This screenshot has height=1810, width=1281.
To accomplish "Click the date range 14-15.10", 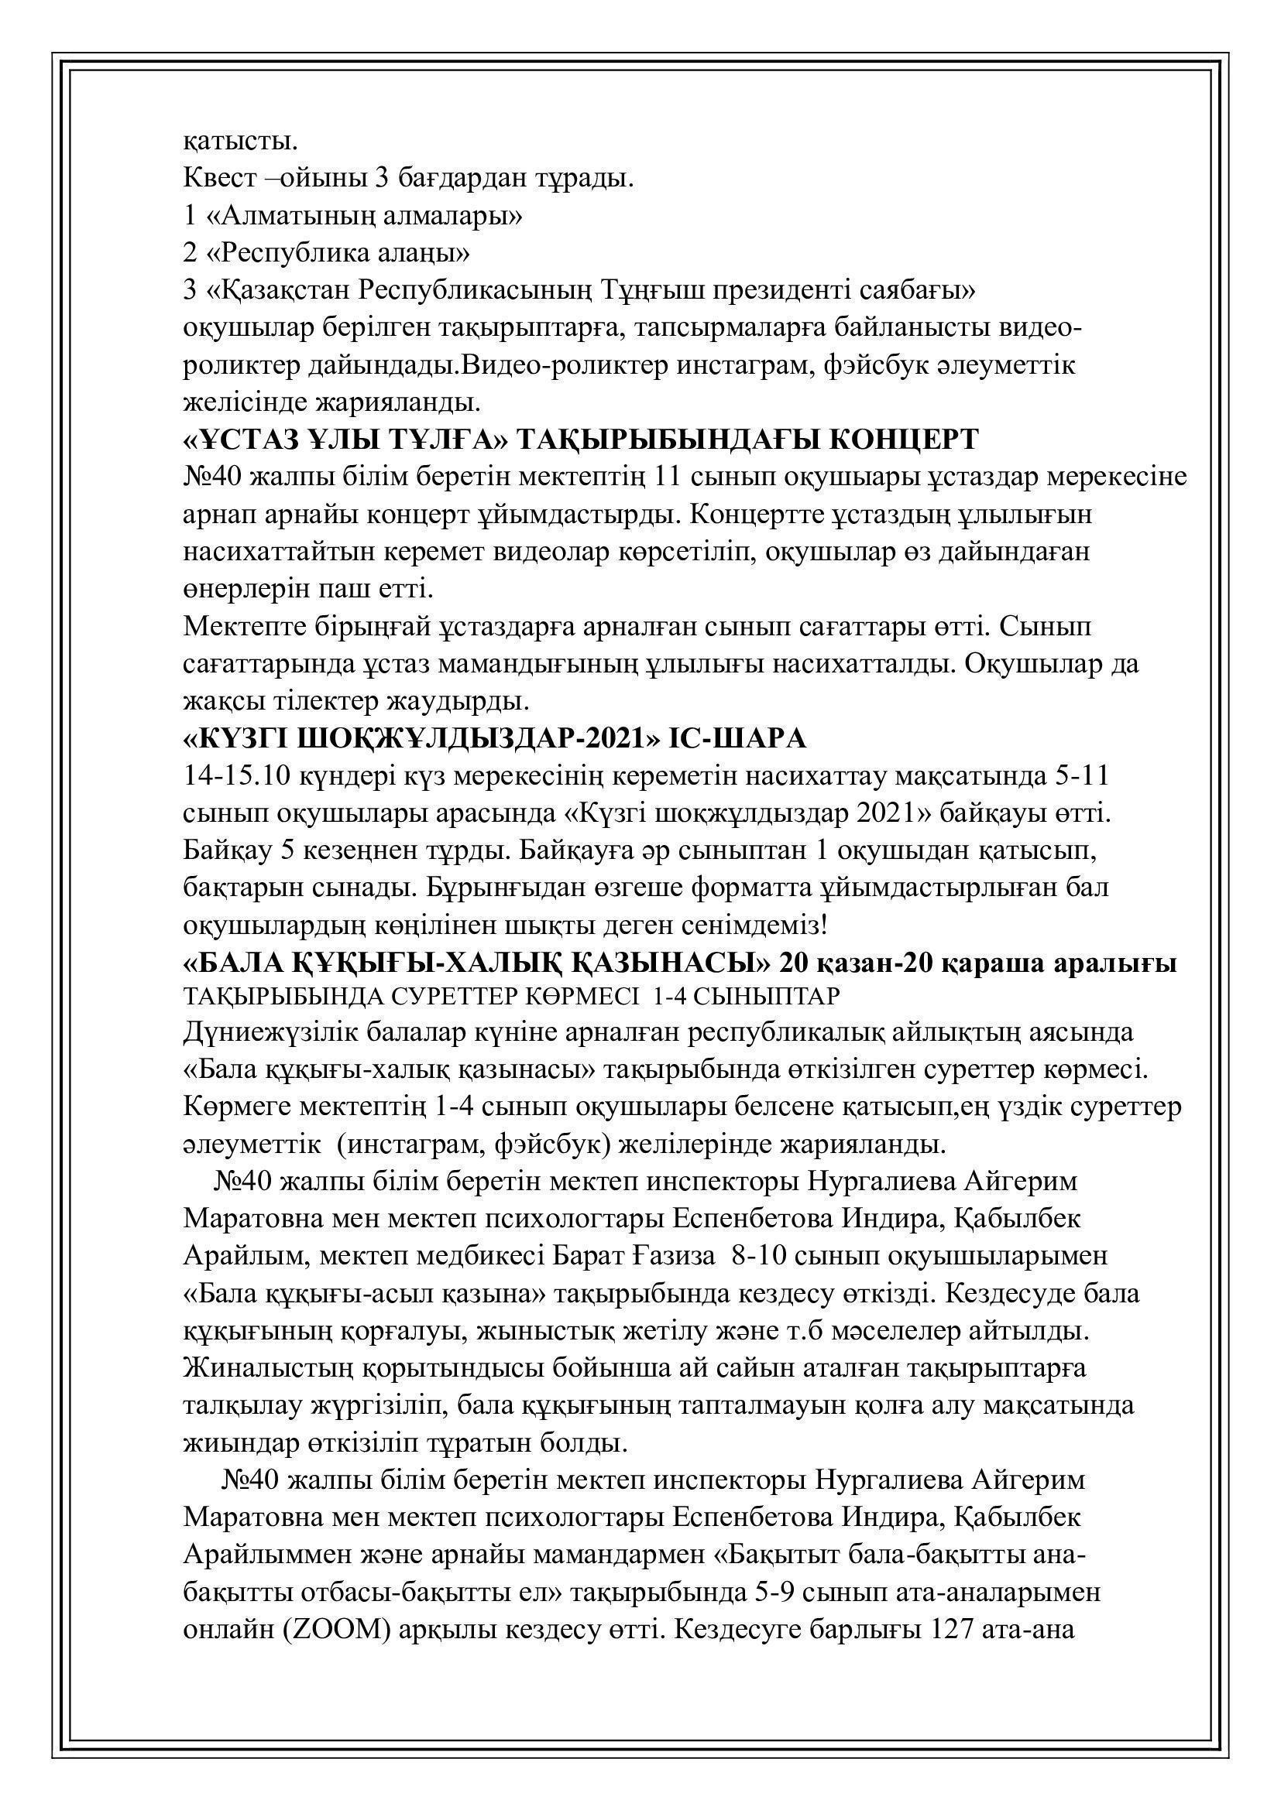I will pos(239,776).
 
